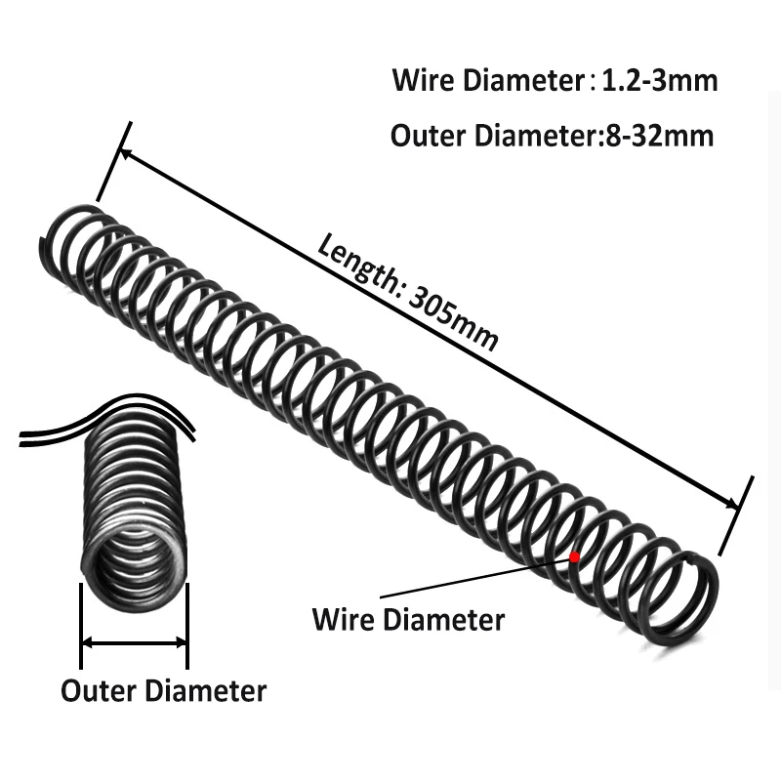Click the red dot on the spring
click(x=575, y=556)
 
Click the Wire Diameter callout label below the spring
click(x=408, y=619)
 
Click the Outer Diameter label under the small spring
click(x=163, y=691)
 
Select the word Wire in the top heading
click(x=420, y=80)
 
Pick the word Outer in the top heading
click(x=427, y=136)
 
